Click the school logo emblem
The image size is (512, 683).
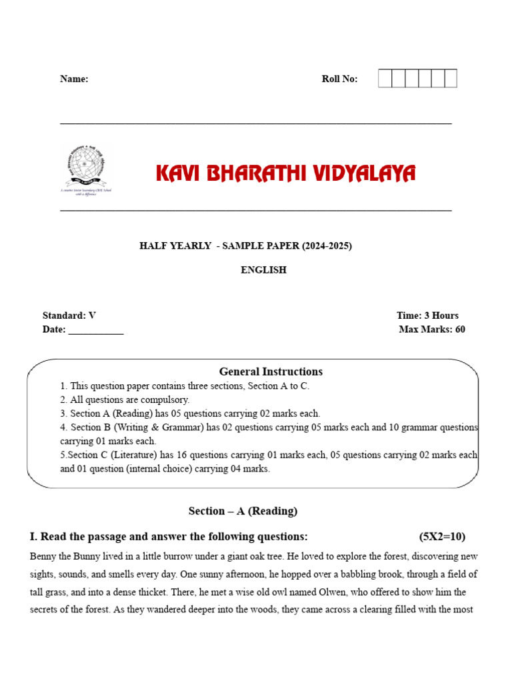(x=85, y=169)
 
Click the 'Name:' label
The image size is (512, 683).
(x=74, y=79)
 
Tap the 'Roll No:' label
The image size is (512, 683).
(x=339, y=79)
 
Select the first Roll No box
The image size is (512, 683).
(x=385, y=79)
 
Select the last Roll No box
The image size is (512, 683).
(x=451, y=79)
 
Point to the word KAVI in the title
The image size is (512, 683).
(x=178, y=174)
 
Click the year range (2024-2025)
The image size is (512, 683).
(x=326, y=245)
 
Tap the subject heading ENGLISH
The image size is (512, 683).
(x=263, y=270)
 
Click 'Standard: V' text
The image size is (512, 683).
(x=69, y=315)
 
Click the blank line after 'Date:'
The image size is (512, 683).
(x=96, y=330)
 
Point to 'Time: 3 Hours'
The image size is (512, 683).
(x=427, y=315)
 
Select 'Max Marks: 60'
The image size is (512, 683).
(x=432, y=329)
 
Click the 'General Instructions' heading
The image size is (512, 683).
(x=271, y=372)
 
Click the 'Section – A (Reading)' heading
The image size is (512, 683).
(x=243, y=511)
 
